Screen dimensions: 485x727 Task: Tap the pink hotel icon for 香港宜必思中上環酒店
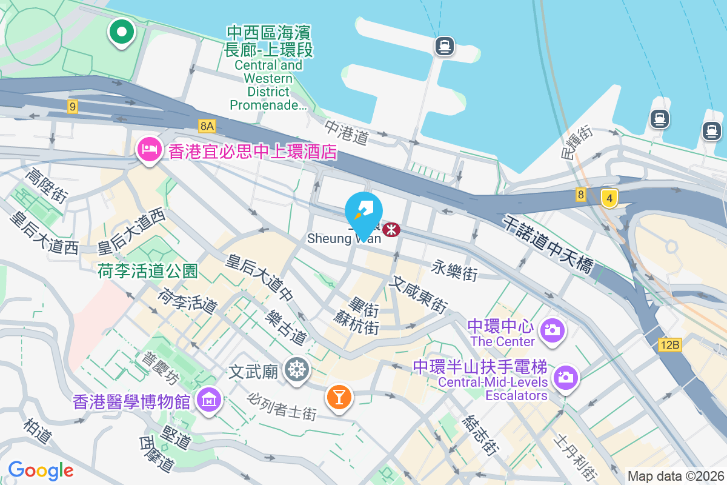click(149, 148)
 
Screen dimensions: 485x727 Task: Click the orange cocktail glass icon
click(339, 396)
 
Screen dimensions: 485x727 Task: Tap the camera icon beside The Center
click(553, 330)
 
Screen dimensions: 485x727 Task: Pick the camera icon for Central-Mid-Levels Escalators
click(566, 377)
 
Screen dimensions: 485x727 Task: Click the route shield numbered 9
click(73, 107)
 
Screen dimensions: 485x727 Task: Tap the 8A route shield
click(207, 125)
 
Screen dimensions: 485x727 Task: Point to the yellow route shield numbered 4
click(609, 198)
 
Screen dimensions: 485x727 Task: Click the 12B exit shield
click(670, 345)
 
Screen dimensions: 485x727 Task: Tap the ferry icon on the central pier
click(444, 45)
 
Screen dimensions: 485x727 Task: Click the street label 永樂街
click(454, 270)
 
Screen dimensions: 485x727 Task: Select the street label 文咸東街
click(419, 295)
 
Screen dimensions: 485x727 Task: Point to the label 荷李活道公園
click(147, 271)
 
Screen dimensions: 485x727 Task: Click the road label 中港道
click(346, 133)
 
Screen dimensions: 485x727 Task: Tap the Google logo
click(41, 470)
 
